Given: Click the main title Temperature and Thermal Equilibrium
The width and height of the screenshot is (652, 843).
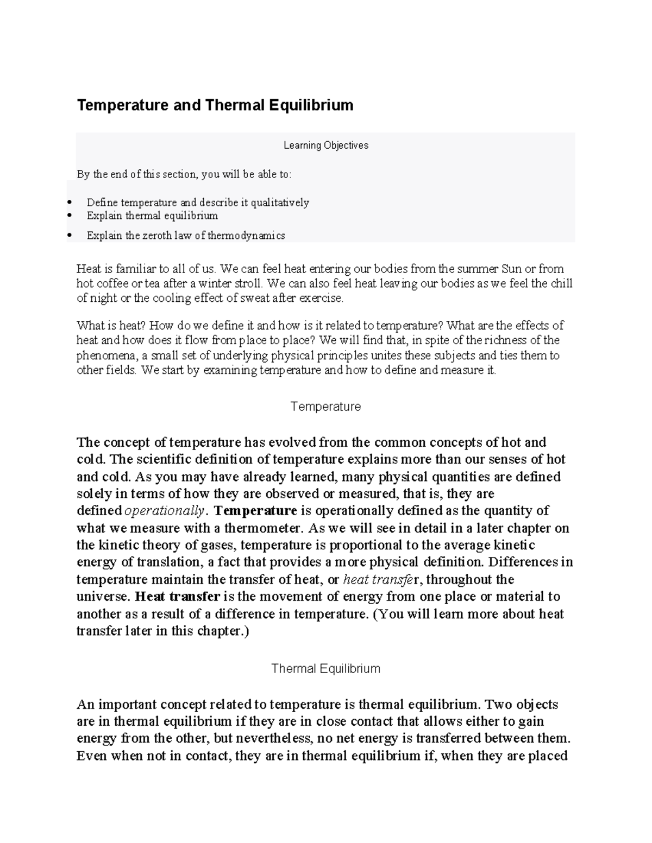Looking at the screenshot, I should (215, 105).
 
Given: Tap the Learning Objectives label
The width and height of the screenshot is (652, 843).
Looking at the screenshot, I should (325, 145).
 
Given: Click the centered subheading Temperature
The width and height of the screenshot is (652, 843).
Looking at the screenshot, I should (325, 407).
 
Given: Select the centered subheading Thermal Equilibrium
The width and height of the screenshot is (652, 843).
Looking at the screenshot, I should (325, 669).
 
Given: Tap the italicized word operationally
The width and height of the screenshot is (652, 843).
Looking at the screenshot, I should (165, 511).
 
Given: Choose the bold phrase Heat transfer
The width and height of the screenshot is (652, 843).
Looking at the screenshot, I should (177, 597).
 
